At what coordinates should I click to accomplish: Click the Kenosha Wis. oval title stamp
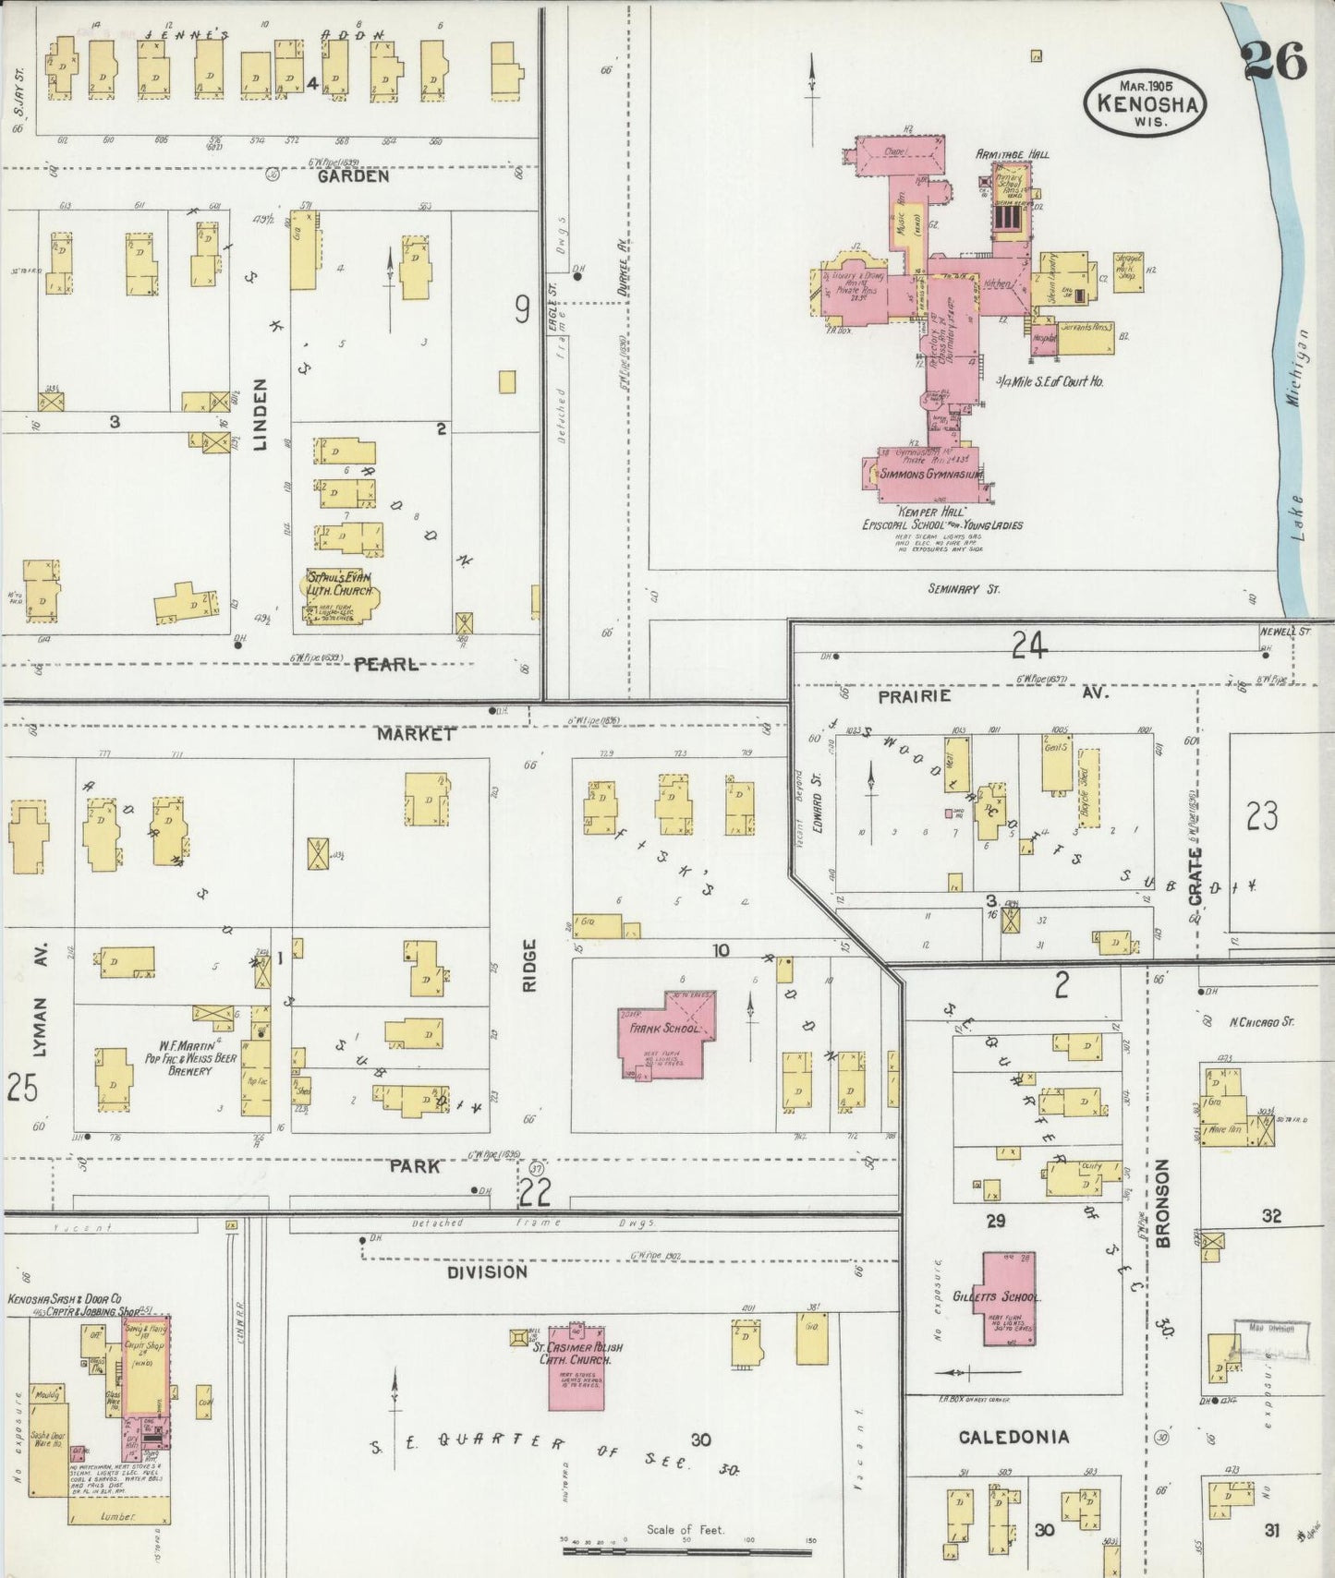pos(1146,103)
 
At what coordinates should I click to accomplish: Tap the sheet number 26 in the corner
pos(1274,62)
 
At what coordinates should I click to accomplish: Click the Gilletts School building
pos(1008,1297)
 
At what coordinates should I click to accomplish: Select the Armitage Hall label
pos(1013,154)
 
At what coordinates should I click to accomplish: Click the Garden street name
pos(353,175)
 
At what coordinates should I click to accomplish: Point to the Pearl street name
pos(386,664)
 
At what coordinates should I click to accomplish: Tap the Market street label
pos(415,734)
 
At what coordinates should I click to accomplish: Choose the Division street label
pos(487,1271)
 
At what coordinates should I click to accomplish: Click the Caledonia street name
pos(1013,1437)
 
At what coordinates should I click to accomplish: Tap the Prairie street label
pos(915,695)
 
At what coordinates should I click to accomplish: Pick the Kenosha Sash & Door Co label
pos(64,1298)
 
